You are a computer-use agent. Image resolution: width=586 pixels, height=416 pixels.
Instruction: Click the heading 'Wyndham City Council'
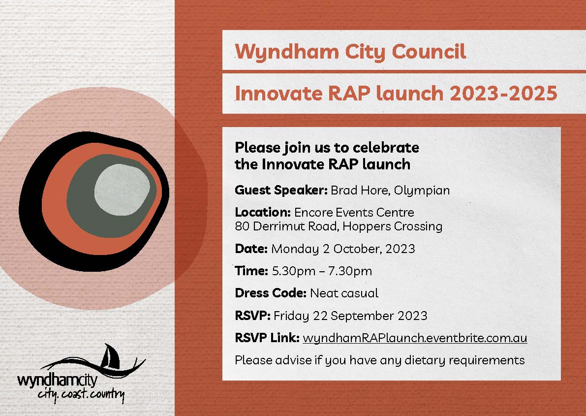pos(350,51)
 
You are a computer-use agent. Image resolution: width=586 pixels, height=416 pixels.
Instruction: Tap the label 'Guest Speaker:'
pos(281,190)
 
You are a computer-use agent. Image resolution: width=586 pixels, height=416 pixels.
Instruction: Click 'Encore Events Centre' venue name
pos(354,213)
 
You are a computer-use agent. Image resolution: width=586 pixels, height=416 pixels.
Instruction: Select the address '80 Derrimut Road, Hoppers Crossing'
pos(339,226)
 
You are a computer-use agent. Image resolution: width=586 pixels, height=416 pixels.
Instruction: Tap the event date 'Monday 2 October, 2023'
pos(343,249)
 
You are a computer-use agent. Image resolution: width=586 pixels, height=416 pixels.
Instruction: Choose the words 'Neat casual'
pos(344,293)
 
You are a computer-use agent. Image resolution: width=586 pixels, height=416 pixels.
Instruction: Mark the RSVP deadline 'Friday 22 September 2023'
pos(350,316)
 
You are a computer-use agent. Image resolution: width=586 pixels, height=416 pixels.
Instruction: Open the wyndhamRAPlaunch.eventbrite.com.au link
pos(415,338)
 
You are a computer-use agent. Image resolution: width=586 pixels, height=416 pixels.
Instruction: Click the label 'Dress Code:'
pos(271,293)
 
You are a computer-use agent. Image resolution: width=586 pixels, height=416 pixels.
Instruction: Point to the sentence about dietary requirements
pos(379,360)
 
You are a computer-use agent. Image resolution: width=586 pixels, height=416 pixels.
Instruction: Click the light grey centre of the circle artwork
pos(122,188)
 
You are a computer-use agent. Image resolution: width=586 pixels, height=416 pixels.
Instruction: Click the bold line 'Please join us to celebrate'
pos(327,147)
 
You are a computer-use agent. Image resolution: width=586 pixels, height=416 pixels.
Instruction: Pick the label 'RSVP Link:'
pos(267,338)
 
